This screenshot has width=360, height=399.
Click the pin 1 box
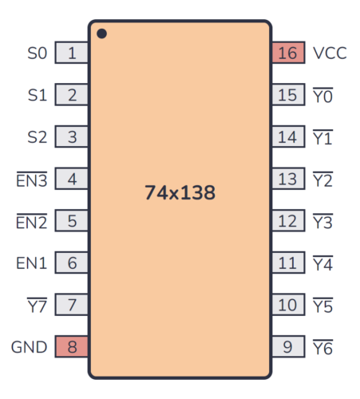[72, 53]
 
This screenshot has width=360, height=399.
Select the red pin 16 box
[288, 53]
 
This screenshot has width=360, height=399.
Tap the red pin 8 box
[72, 347]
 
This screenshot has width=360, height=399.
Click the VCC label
[330, 53]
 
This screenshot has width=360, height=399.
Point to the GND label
[29, 347]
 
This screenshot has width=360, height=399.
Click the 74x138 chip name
[180, 192]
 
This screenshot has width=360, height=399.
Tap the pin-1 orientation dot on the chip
[102, 34]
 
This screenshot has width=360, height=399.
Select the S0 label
[38, 53]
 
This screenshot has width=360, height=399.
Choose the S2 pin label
[38, 137]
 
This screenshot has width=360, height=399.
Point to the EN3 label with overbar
[33, 180]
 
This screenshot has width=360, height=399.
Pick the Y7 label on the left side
[38, 305]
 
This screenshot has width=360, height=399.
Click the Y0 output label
[323, 96]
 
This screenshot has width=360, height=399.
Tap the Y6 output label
[323, 347]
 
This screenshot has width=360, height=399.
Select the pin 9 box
[288, 347]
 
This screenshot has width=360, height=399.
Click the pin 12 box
[288, 221]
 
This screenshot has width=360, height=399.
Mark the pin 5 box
[72, 221]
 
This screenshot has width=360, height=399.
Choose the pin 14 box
[288, 137]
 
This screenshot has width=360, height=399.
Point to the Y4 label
[323, 263]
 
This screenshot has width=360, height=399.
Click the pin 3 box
[72, 137]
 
